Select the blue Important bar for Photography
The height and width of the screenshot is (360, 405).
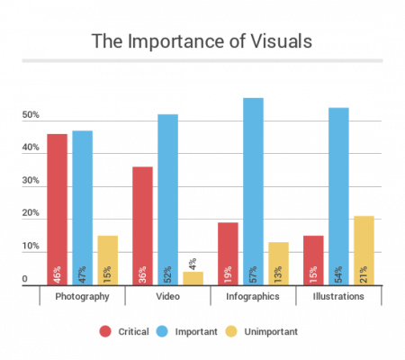click(82, 208)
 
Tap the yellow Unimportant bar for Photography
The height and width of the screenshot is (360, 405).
click(107, 260)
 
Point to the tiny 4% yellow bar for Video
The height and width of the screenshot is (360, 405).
click(193, 278)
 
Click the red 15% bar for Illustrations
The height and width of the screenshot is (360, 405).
click(313, 260)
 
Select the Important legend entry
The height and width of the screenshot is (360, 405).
click(189, 331)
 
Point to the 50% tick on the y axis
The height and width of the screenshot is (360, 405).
click(31, 116)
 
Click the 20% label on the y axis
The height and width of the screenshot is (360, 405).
click(31, 214)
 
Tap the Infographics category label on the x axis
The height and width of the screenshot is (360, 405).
click(253, 296)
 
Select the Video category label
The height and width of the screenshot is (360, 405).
click(167, 296)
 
